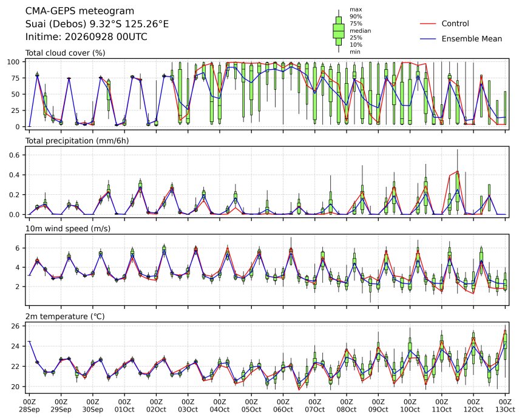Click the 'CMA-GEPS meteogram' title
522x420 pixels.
click(80, 11)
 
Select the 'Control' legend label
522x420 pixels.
click(455, 24)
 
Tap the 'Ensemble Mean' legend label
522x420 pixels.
click(472, 39)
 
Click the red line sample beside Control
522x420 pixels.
click(428, 24)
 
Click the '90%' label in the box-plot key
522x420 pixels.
click(356, 16)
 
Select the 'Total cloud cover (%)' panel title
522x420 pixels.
click(66, 53)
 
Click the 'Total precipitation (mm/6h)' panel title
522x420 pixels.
click(77, 141)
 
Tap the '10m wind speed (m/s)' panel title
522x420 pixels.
click(68, 229)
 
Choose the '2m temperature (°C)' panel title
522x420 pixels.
click(65, 316)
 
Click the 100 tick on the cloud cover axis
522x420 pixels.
click(15, 62)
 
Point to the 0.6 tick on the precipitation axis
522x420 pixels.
click(15, 155)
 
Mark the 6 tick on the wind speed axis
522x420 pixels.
click(18, 248)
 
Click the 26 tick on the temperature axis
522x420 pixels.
click(16, 326)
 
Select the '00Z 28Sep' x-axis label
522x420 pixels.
click(29, 405)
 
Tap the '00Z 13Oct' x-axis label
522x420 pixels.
click(505, 405)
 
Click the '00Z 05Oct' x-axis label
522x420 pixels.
click(251, 405)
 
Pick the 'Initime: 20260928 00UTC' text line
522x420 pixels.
click(86, 36)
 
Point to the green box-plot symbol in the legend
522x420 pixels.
click(339, 31)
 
